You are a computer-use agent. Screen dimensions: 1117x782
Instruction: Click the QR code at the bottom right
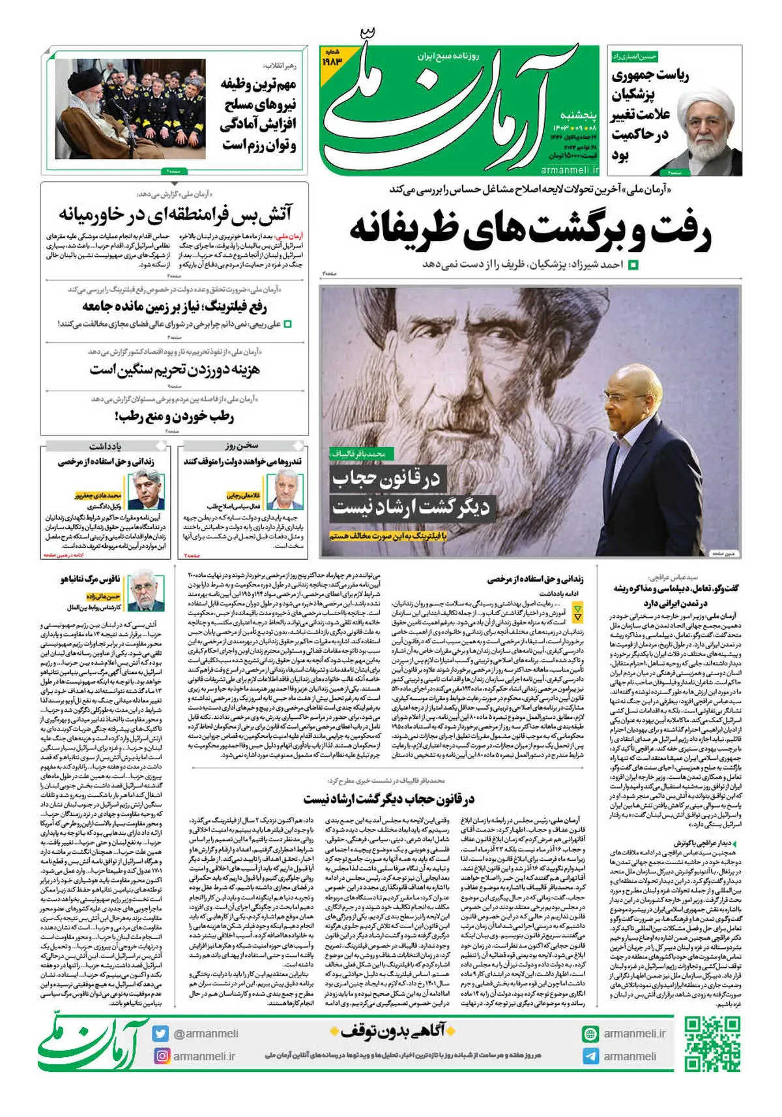(712, 1043)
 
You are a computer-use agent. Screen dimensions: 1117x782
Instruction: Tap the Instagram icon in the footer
(162, 1056)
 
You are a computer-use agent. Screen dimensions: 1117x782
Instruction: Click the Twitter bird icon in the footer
(161, 1034)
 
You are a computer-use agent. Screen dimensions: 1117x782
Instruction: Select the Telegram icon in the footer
(590, 1056)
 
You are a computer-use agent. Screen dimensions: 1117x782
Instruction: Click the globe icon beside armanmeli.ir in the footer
(590, 1034)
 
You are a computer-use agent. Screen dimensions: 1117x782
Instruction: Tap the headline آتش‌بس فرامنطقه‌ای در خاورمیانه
(175, 214)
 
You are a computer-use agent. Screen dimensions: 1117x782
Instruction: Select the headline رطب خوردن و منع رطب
(174, 416)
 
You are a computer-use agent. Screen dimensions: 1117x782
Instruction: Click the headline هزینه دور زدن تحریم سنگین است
(175, 370)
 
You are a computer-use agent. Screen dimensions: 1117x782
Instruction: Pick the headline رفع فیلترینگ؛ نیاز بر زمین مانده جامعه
(175, 306)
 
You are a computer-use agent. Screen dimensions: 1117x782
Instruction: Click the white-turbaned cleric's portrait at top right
(705, 130)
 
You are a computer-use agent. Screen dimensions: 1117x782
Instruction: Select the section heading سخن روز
(242, 446)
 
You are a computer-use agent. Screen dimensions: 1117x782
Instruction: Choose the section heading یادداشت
(106, 446)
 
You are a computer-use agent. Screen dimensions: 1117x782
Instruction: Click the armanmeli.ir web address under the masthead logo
(570, 169)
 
